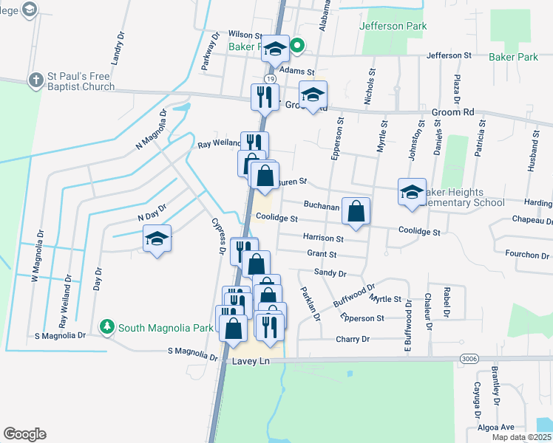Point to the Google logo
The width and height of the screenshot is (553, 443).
coord(24,434)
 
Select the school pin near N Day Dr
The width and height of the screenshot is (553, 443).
coord(157,238)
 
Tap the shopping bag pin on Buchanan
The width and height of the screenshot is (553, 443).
coord(356,211)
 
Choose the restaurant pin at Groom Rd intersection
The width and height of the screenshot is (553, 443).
coord(264,96)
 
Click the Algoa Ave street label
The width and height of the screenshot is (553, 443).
coord(497,427)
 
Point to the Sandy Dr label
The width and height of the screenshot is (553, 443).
coord(330,272)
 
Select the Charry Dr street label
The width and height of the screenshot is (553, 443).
coord(352,340)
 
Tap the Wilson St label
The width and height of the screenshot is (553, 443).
coord(245,35)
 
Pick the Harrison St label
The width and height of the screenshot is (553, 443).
coord(323,238)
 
